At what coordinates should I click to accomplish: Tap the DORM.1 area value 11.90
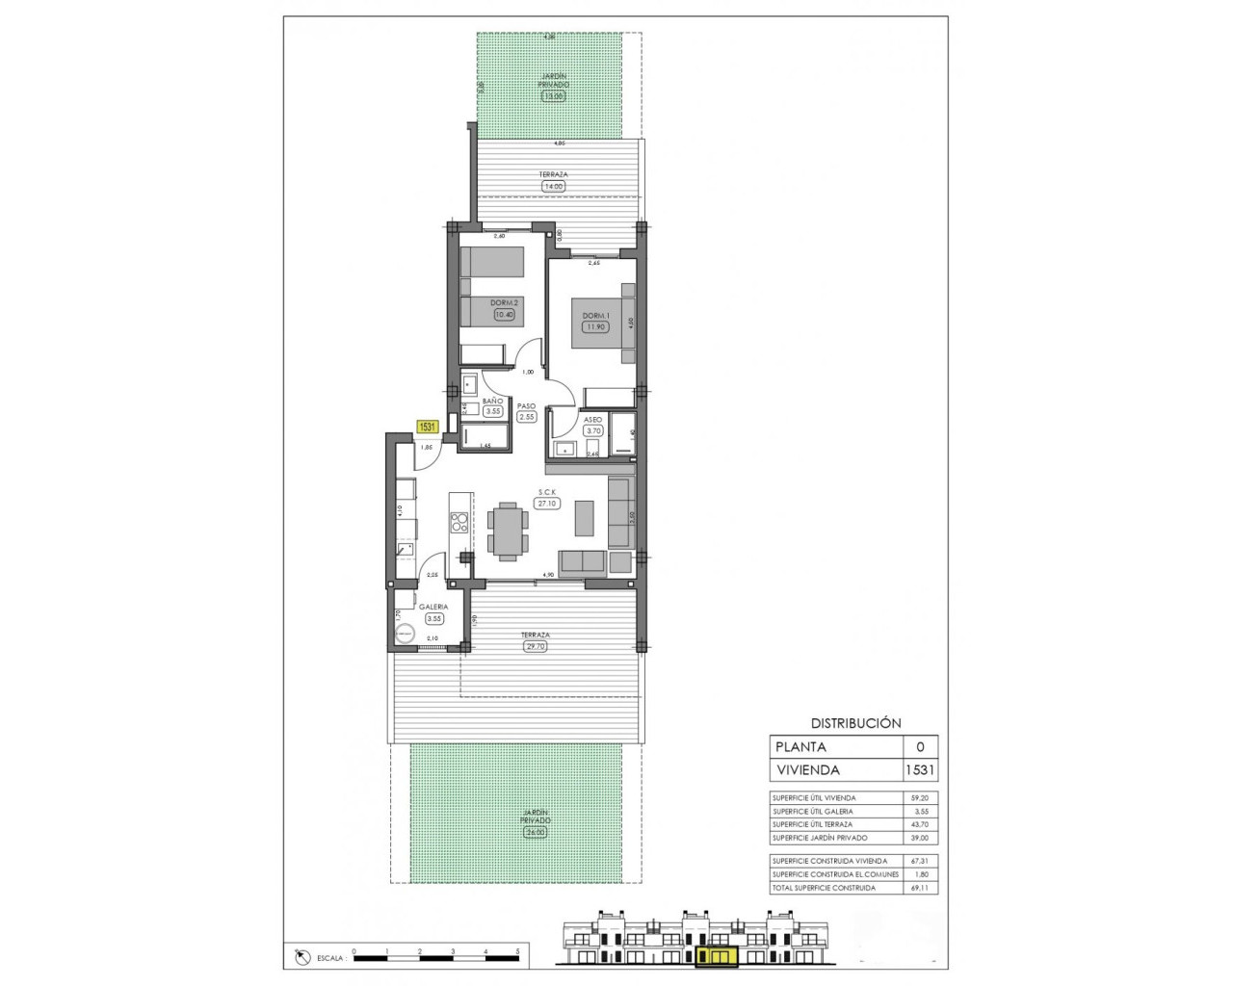tap(594, 326)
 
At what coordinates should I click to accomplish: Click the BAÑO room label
tap(492, 401)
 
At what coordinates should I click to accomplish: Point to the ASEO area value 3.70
tap(593, 430)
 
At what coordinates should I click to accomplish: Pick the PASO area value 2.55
tap(526, 417)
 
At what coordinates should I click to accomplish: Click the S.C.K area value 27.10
tap(548, 503)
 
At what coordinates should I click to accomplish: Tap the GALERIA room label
tap(433, 607)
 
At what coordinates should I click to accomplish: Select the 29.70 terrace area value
tap(535, 647)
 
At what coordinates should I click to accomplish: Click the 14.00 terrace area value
tap(553, 186)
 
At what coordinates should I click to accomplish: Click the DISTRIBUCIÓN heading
tap(854, 722)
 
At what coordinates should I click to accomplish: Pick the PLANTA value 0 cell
tap(919, 746)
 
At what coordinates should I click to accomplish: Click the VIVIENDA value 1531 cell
tap(919, 769)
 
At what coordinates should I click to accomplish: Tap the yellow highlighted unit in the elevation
tap(715, 955)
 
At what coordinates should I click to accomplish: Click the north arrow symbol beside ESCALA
tap(302, 957)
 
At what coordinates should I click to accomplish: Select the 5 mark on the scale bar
tap(518, 951)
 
